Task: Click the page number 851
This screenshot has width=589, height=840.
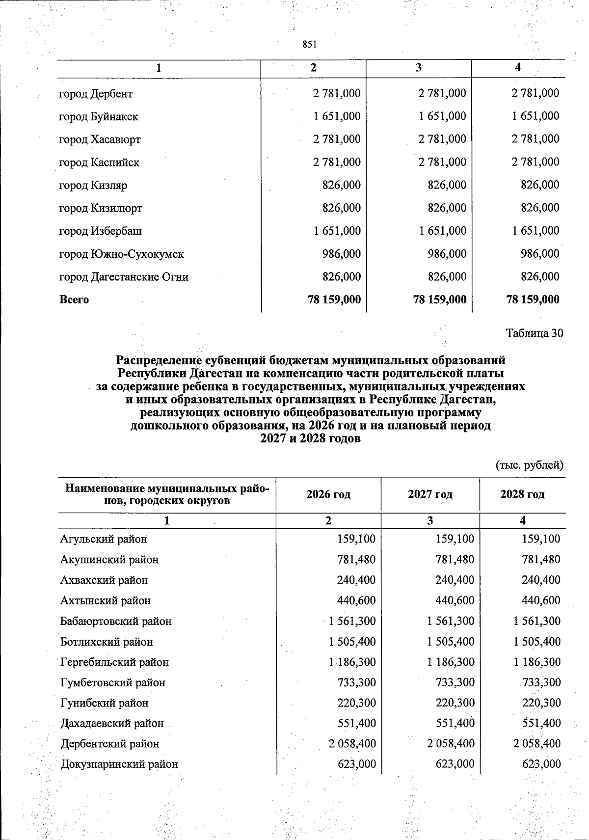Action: [309, 45]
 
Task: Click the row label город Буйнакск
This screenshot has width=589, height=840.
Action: [98, 117]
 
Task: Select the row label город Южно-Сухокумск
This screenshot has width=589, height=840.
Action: [121, 254]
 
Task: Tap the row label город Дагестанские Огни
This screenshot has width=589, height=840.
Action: [124, 277]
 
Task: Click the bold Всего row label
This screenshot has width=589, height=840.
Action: [74, 299]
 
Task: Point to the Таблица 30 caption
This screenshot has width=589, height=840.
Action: [534, 333]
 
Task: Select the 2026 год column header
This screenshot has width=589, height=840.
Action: [328, 494]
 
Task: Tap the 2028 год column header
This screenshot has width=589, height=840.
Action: [522, 494]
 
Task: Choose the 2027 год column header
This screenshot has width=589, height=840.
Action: [430, 494]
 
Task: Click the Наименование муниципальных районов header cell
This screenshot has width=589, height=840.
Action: [167, 494]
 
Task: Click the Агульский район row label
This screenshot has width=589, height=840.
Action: [104, 539]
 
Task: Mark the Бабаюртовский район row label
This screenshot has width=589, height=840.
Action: [116, 622]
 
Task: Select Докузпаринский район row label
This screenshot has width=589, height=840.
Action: [119, 764]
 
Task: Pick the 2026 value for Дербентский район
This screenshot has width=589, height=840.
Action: [352, 744]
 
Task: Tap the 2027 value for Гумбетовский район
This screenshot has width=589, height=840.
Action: [455, 683]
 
